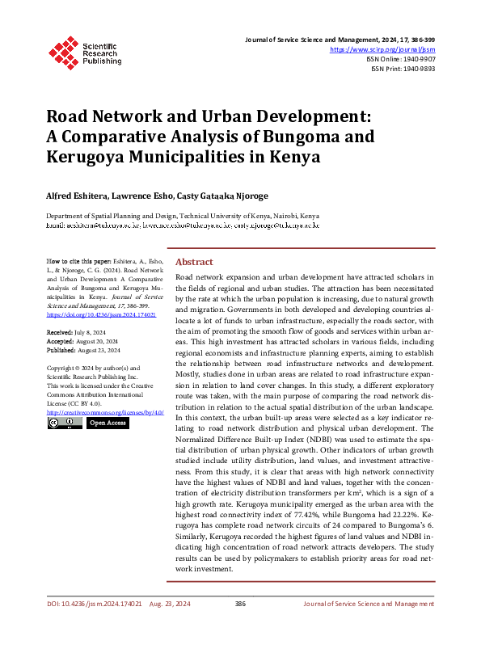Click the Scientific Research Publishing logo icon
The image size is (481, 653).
[62, 50]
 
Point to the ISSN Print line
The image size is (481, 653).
[402, 70]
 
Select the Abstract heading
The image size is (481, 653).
[194, 262]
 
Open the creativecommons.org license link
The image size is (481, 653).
[105, 411]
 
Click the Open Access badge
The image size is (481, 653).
[108, 423]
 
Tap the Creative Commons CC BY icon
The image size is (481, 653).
[64, 423]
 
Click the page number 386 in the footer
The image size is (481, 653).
[240, 626]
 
